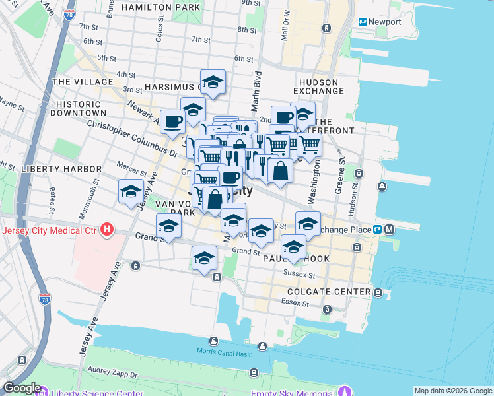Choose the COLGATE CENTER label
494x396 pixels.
click(329, 292)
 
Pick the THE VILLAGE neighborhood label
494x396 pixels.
click(83, 82)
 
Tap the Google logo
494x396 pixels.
click(22, 389)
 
